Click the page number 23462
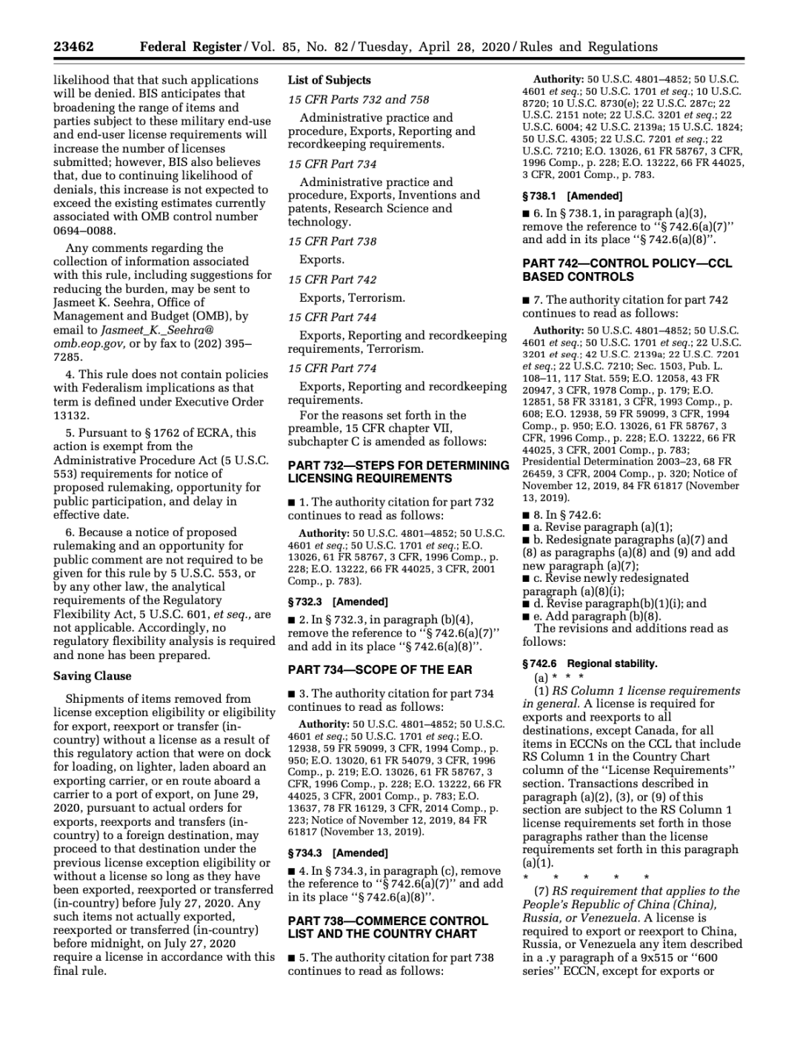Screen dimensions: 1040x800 tap(73, 47)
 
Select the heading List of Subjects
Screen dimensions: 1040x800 tap(329, 80)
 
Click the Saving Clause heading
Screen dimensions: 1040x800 tap(92, 676)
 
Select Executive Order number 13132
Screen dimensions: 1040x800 tap(71, 415)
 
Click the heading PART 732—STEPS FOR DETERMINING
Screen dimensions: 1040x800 tap(398, 466)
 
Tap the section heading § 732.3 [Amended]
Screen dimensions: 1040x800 tap(337, 602)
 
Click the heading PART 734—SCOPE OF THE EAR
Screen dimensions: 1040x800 tap(379, 669)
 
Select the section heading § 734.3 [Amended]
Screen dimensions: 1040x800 tap(337, 853)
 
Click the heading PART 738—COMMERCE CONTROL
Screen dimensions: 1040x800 tap(387, 921)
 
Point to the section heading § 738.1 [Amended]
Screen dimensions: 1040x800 tap(572, 196)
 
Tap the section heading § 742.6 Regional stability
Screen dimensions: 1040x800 tap(590, 663)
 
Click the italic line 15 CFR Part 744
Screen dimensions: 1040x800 tap(332, 317)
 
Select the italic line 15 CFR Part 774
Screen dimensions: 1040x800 tap(332, 368)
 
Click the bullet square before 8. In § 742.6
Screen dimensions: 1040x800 tap(526, 515)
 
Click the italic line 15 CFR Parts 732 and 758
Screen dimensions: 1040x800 tap(359, 99)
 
